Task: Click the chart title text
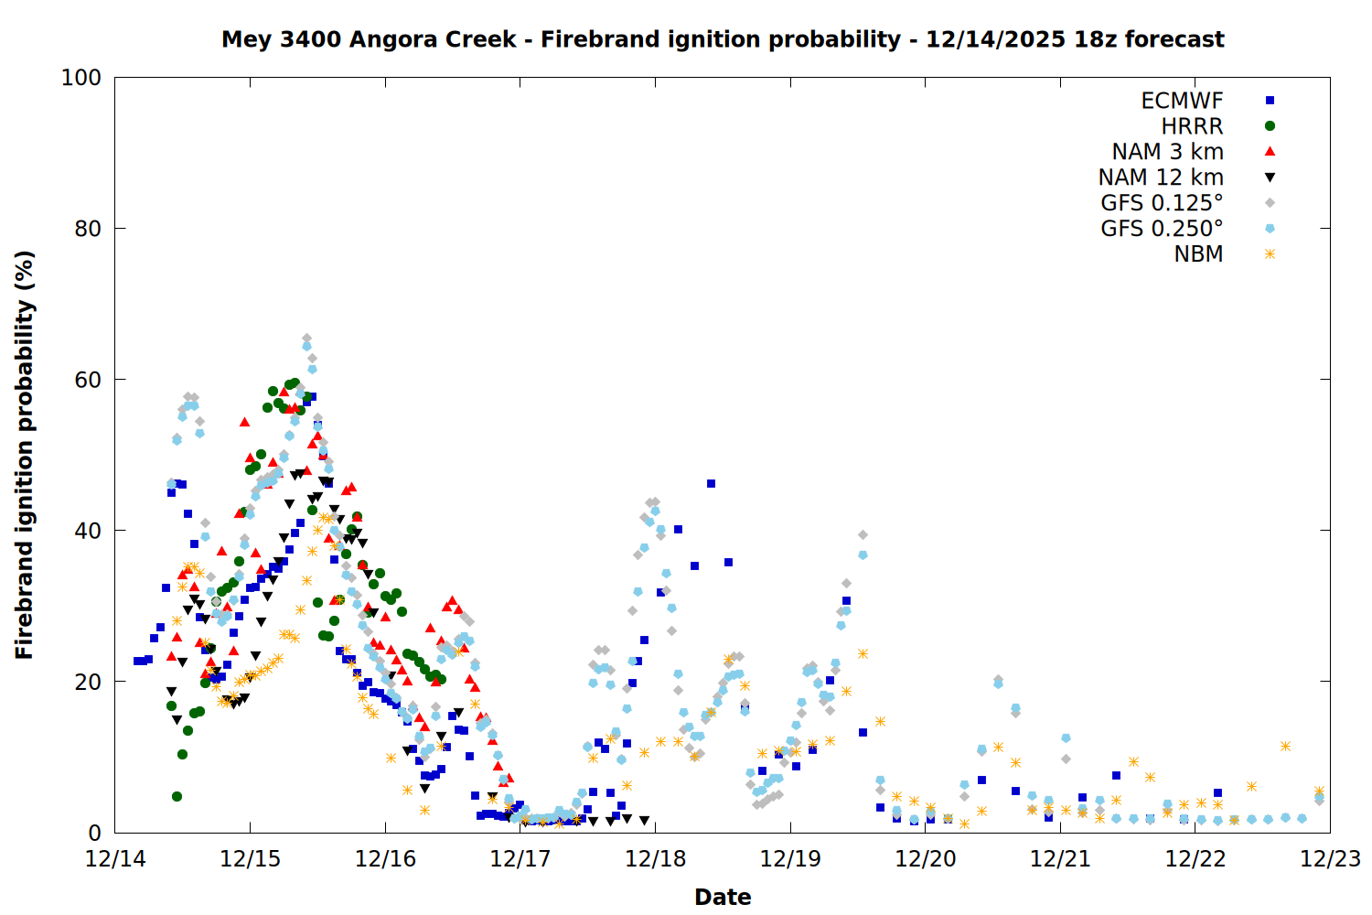[723, 39]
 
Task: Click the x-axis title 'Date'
[723, 897]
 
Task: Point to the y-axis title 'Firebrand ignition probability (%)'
[24, 455]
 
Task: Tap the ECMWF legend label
[1182, 101]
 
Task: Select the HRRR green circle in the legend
[1270, 126]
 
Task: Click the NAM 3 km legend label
[1167, 152]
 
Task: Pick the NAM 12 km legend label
[1161, 178]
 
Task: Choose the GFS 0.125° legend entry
[1162, 203]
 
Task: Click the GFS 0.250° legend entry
[1162, 229]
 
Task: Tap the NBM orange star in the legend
[1270, 254]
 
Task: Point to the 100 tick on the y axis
[80, 78]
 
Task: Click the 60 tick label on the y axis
[87, 380]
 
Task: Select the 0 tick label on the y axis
[94, 833]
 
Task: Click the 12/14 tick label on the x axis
[115, 859]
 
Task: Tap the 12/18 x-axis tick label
[655, 859]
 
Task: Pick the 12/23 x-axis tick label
[1330, 859]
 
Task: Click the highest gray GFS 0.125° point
[306, 339]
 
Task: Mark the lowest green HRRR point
[177, 796]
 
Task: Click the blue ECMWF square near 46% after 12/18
[711, 483]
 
